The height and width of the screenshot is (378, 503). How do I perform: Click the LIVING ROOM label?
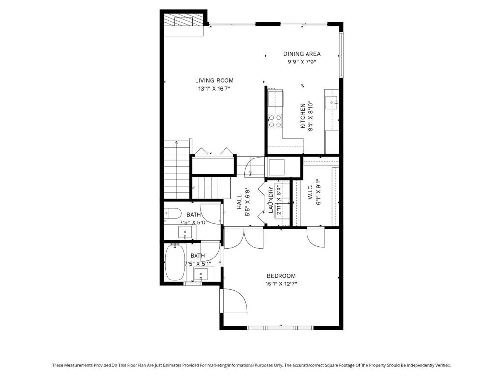tap(214, 80)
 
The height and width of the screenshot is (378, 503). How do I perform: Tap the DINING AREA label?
tap(302, 54)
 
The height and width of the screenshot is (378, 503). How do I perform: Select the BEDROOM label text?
tap(281, 276)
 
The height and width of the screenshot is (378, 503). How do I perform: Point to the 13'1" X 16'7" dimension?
tap(214, 89)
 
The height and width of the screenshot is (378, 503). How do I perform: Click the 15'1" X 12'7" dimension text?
tap(281, 284)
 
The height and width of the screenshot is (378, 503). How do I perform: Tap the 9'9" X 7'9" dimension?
tap(302, 62)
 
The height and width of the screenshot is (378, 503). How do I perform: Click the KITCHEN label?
tap(303, 116)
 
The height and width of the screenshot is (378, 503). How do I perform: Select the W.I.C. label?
tap(310, 192)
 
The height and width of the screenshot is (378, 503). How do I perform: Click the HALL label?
tap(239, 202)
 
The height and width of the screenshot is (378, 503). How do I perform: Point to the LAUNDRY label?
tap(271, 200)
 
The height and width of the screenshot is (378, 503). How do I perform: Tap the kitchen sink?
tap(332, 103)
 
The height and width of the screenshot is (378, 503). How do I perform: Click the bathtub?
tap(175, 262)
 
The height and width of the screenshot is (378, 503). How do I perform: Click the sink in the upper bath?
tap(185, 232)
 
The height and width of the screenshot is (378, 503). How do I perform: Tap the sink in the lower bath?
tap(201, 274)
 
